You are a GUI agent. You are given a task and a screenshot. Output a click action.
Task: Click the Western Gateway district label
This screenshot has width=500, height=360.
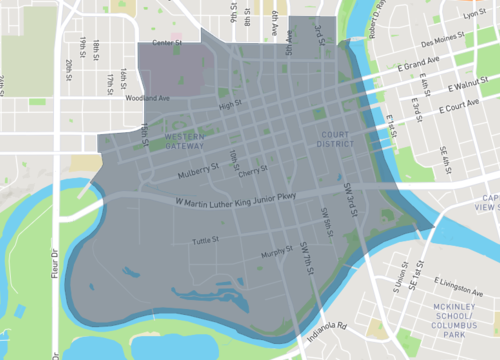click(186, 140)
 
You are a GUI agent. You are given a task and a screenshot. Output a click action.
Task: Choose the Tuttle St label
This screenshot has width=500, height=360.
click(206, 241)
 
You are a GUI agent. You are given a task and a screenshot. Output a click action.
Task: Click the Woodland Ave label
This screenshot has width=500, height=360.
click(147, 98)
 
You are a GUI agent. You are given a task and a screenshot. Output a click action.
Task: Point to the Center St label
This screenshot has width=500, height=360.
click(167, 43)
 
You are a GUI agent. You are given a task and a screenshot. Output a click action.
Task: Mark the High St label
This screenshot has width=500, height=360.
click(230, 104)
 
